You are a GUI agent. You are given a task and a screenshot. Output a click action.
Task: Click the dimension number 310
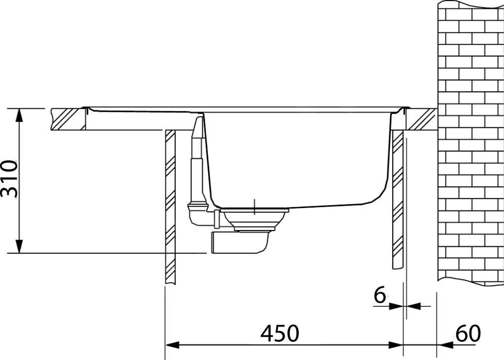10,179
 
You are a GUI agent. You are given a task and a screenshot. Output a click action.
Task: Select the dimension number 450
280,334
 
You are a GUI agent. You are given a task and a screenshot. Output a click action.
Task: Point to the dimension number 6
379,296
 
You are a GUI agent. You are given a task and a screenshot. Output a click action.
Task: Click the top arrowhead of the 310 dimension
19,114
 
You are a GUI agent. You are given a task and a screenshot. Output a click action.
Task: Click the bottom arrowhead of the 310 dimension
19,247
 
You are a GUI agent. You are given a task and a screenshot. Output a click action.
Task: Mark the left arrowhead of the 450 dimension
171,345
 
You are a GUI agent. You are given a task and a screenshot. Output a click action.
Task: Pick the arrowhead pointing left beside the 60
443,345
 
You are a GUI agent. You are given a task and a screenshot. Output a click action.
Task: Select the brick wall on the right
470,143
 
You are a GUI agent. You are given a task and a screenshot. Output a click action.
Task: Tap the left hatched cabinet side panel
170,207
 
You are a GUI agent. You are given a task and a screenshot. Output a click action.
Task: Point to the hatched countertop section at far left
67,120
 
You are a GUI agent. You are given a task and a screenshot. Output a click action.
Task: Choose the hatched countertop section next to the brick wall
421,120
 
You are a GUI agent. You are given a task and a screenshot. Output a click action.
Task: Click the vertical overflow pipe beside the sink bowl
196,157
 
